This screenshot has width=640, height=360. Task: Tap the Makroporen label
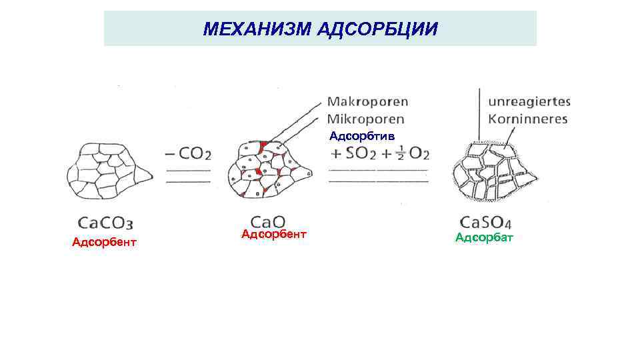click(x=367, y=103)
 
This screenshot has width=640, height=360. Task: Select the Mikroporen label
click(x=366, y=119)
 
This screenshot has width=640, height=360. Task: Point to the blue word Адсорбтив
click(x=362, y=136)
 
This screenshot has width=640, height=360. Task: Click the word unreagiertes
click(x=529, y=103)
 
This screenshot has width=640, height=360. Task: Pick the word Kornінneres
click(x=527, y=119)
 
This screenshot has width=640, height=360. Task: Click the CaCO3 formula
click(x=109, y=222)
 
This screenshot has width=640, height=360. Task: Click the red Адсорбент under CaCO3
click(x=104, y=242)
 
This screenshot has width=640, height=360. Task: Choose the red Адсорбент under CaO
click(x=274, y=234)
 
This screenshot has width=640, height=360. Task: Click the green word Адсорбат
click(x=484, y=238)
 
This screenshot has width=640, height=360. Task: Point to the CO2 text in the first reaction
click(x=195, y=154)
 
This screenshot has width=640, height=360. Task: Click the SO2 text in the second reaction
click(x=361, y=154)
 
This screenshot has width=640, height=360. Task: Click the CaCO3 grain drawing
click(x=107, y=173)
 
